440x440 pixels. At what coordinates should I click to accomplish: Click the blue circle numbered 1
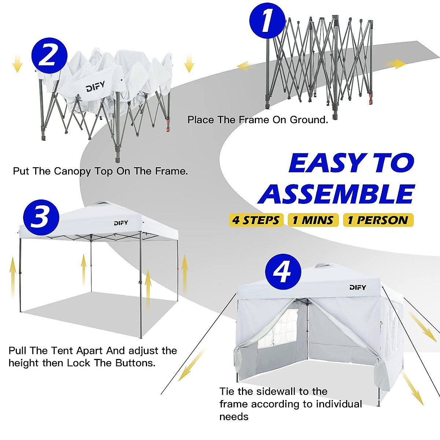coord(267,21)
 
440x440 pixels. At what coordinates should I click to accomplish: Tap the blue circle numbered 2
coord(49,55)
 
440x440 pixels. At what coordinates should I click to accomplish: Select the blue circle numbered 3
coord(41,217)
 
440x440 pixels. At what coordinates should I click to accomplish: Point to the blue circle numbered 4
coord(283,272)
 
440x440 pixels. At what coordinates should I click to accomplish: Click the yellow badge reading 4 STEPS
coord(256,220)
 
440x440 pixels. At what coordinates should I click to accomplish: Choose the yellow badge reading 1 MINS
coord(313,220)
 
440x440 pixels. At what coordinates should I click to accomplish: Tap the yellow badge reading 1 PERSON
coord(378,220)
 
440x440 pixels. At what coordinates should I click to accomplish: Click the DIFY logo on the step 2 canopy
coord(95,87)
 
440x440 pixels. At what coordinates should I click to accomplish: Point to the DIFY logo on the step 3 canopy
coord(121,223)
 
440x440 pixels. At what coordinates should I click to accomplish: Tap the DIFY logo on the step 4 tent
coord(357,287)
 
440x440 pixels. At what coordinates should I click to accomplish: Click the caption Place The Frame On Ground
coord(257,120)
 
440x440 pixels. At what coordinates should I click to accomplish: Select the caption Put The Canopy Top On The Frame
coord(100,171)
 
